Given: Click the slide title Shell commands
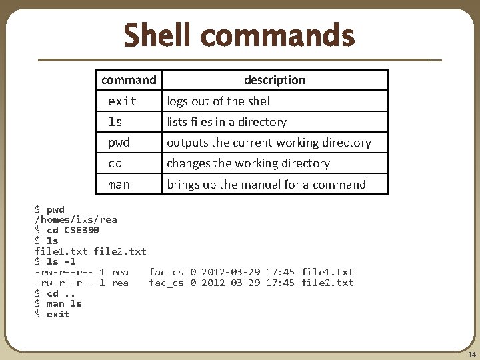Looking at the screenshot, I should [x=239, y=35].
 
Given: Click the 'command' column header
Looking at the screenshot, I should [x=129, y=80].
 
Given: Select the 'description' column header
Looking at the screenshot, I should [x=275, y=80].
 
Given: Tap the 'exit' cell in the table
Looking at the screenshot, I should [x=122, y=101].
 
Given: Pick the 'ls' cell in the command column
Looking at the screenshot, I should [x=115, y=122].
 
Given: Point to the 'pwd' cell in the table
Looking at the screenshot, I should [x=119, y=143].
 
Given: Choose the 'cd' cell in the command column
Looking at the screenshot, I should [x=115, y=163].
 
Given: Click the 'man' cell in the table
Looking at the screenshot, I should [x=119, y=185].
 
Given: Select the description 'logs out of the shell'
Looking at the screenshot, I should [x=219, y=101].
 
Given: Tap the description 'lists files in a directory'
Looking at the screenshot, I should [x=227, y=122].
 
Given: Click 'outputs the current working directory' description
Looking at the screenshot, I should [x=269, y=143].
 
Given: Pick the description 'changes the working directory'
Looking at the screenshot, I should [x=248, y=163].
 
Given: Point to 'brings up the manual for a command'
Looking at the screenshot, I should [x=266, y=185].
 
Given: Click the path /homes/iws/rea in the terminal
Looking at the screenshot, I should [x=76, y=219].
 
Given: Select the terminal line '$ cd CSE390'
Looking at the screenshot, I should [x=67, y=230].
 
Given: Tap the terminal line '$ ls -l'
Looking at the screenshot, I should [x=55, y=261].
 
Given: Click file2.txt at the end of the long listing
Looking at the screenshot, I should [x=327, y=283].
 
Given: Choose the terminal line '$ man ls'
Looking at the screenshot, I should [x=58, y=304].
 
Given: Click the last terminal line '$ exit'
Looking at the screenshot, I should [x=52, y=314].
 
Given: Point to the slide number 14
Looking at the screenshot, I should [x=471, y=355].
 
